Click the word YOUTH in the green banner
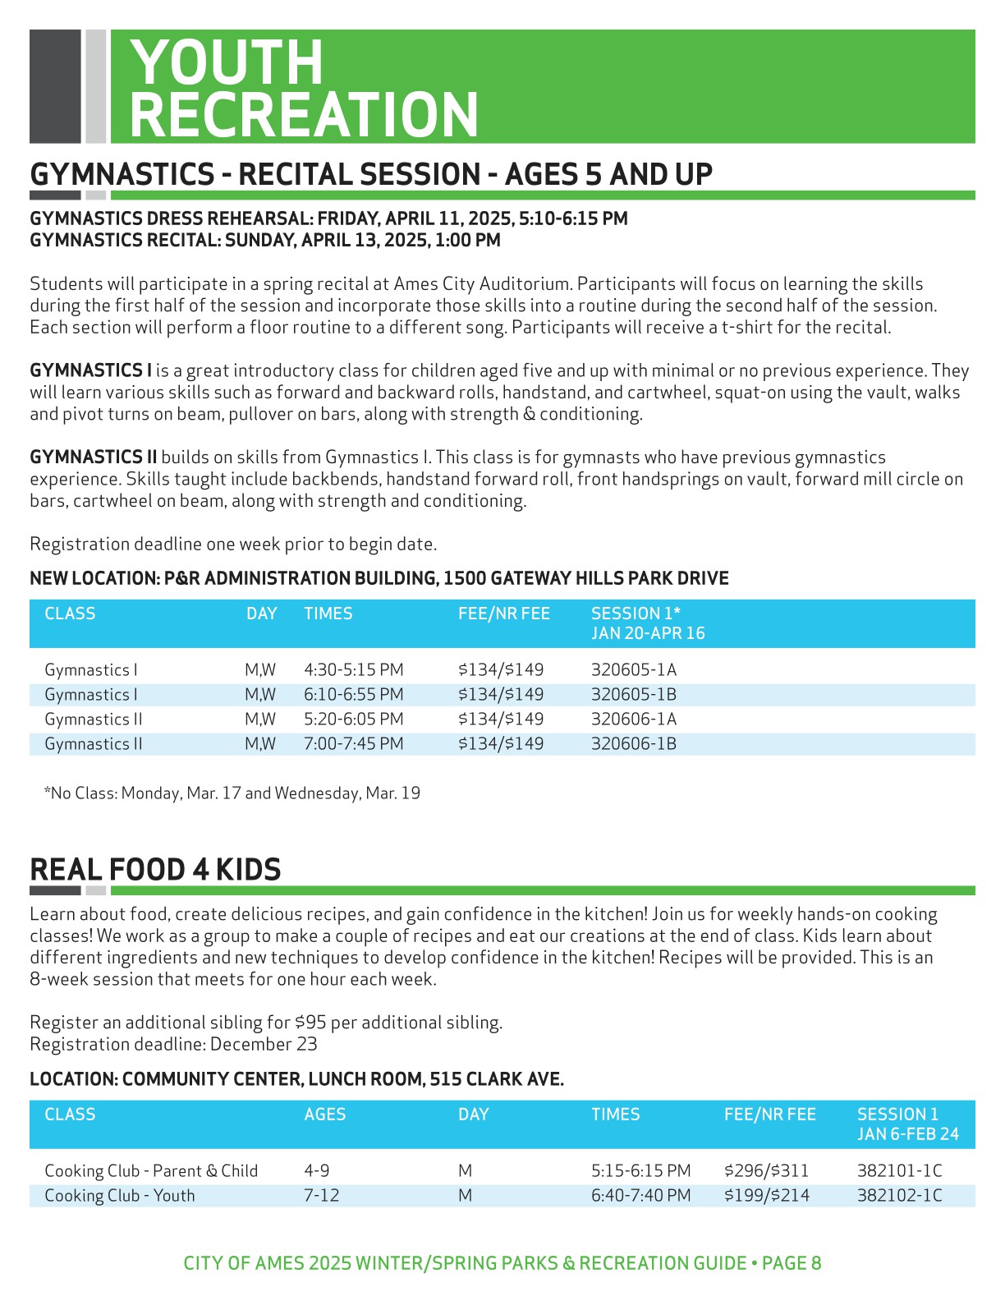pyautogui.click(x=227, y=62)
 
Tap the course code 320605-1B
pyautogui.click(x=633, y=695)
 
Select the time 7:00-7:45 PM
pyautogui.click(x=353, y=744)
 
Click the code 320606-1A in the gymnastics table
pyautogui.click(x=633, y=719)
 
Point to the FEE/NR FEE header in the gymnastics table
pyautogui.click(x=503, y=614)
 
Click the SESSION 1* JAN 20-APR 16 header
pyautogui.click(x=647, y=623)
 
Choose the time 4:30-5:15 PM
pyautogui.click(x=353, y=670)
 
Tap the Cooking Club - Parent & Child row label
pyautogui.click(x=151, y=1171)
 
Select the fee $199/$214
pyautogui.click(x=766, y=1196)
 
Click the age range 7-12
pyautogui.click(x=321, y=1196)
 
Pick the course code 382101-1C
pyautogui.click(x=899, y=1171)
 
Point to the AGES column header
pyautogui.click(x=324, y=1115)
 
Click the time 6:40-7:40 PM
pyautogui.click(x=640, y=1196)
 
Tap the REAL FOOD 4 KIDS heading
pyautogui.click(x=155, y=870)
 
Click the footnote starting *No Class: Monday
pyautogui.click(x=232, y=793)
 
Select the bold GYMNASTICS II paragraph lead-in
pyautogui.click(x=93, y=457)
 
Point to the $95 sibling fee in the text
pyautogui.click(x=310, y=1023)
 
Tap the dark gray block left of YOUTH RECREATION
pyautogui.click(x=55, y=86)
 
